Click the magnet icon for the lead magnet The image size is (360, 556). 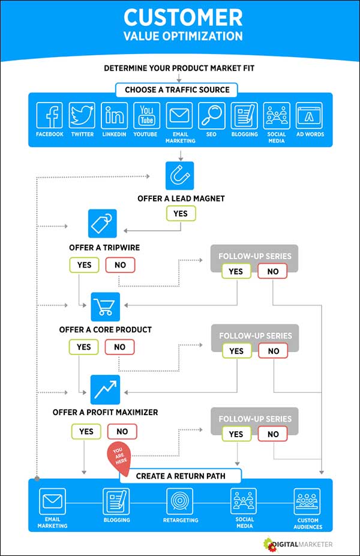tap(180, 176)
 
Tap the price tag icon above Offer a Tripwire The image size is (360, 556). tap(103, 224)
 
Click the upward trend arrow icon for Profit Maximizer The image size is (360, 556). tap(106, 389)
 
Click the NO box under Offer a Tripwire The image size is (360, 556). tap(120, 265)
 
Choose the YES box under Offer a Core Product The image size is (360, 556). tap(84, 347)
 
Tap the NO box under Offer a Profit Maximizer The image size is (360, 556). tap(122, 431)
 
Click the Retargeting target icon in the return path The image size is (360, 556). tap(179, 500)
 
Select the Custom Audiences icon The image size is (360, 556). tap(307, 500)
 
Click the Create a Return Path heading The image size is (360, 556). tap(180, 476)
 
